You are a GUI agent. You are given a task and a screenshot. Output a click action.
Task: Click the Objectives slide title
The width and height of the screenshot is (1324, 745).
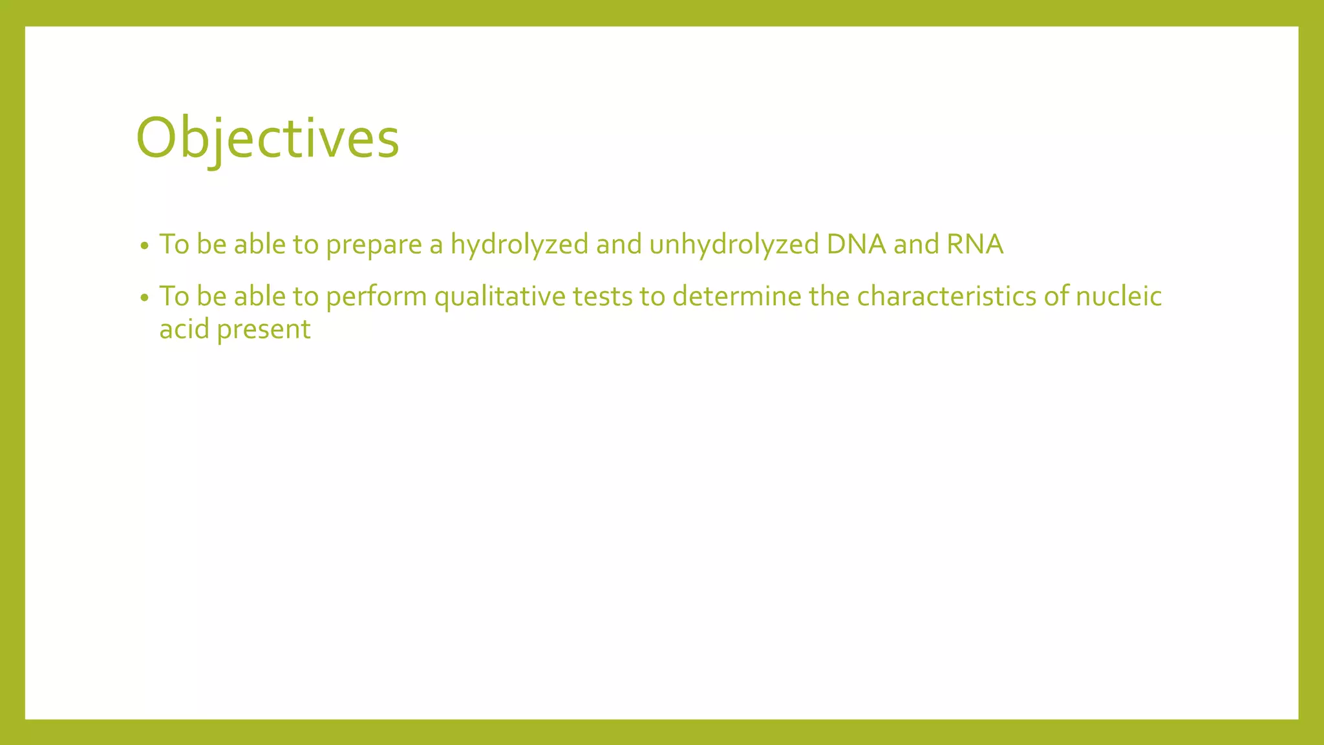coord(268,139)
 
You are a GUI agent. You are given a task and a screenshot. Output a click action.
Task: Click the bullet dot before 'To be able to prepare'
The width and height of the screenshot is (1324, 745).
coord(145,246)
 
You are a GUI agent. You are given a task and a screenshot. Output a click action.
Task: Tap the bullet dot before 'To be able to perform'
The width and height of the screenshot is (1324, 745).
coord(145,298)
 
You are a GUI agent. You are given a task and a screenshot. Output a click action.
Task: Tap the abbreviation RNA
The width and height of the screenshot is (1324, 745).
coord(975,244)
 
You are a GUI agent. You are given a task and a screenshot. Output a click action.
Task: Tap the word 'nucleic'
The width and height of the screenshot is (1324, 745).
coord(1118,297)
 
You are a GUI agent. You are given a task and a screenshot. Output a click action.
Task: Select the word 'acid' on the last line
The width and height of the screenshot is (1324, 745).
coord(184,329)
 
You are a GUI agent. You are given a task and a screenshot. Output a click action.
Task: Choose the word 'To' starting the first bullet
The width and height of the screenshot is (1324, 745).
coord(174,244)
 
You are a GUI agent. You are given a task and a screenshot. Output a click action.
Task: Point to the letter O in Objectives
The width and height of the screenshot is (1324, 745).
coord(156,138)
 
